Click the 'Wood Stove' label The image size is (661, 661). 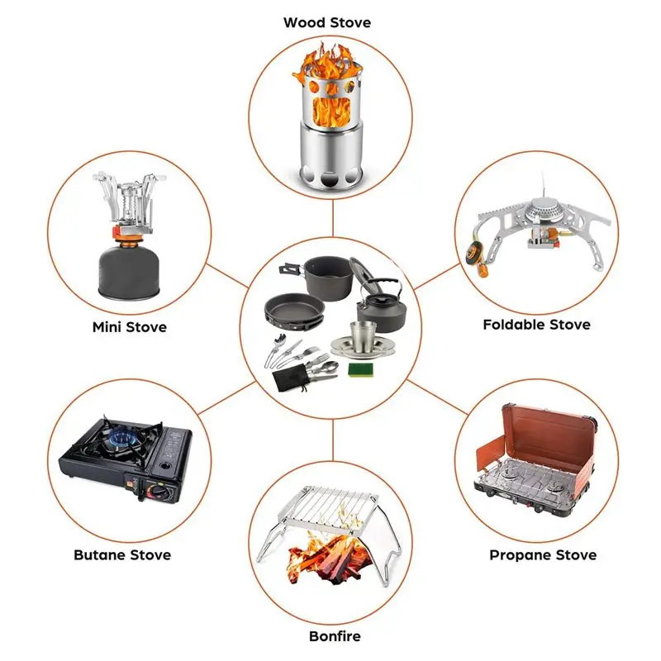[x=327, y=22]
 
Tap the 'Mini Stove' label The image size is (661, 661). [x=129, y=327]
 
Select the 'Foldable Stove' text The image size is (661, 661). [x=536, y=325]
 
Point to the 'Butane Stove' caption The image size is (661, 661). [x=122, y=554]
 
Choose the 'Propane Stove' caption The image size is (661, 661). [x=542, y=554]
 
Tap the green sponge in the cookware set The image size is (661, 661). [x=360, y=368]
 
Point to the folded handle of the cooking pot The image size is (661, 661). [x=291, y=269]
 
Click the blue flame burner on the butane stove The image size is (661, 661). [x=119, y=439]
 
